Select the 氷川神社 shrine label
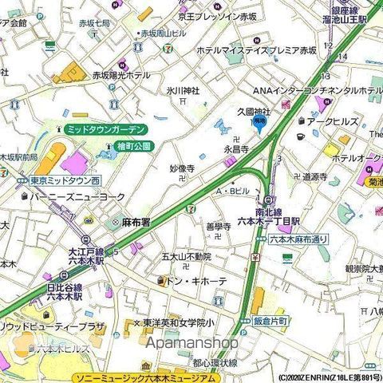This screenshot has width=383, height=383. coord(183,91)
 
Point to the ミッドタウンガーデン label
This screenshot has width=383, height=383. coord(105,128)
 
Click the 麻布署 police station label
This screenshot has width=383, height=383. coord(136,223)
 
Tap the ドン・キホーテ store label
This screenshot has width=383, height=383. coord(194,281)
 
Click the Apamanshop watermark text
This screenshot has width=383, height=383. coord(191,342)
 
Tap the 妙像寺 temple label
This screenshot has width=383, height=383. coord(182,168)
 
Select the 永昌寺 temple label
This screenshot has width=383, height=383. coord(236,148)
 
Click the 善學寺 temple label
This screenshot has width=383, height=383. coord(218,227)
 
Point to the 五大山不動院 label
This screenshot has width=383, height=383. coord(187,257)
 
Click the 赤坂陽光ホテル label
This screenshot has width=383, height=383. coord(120,75)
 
